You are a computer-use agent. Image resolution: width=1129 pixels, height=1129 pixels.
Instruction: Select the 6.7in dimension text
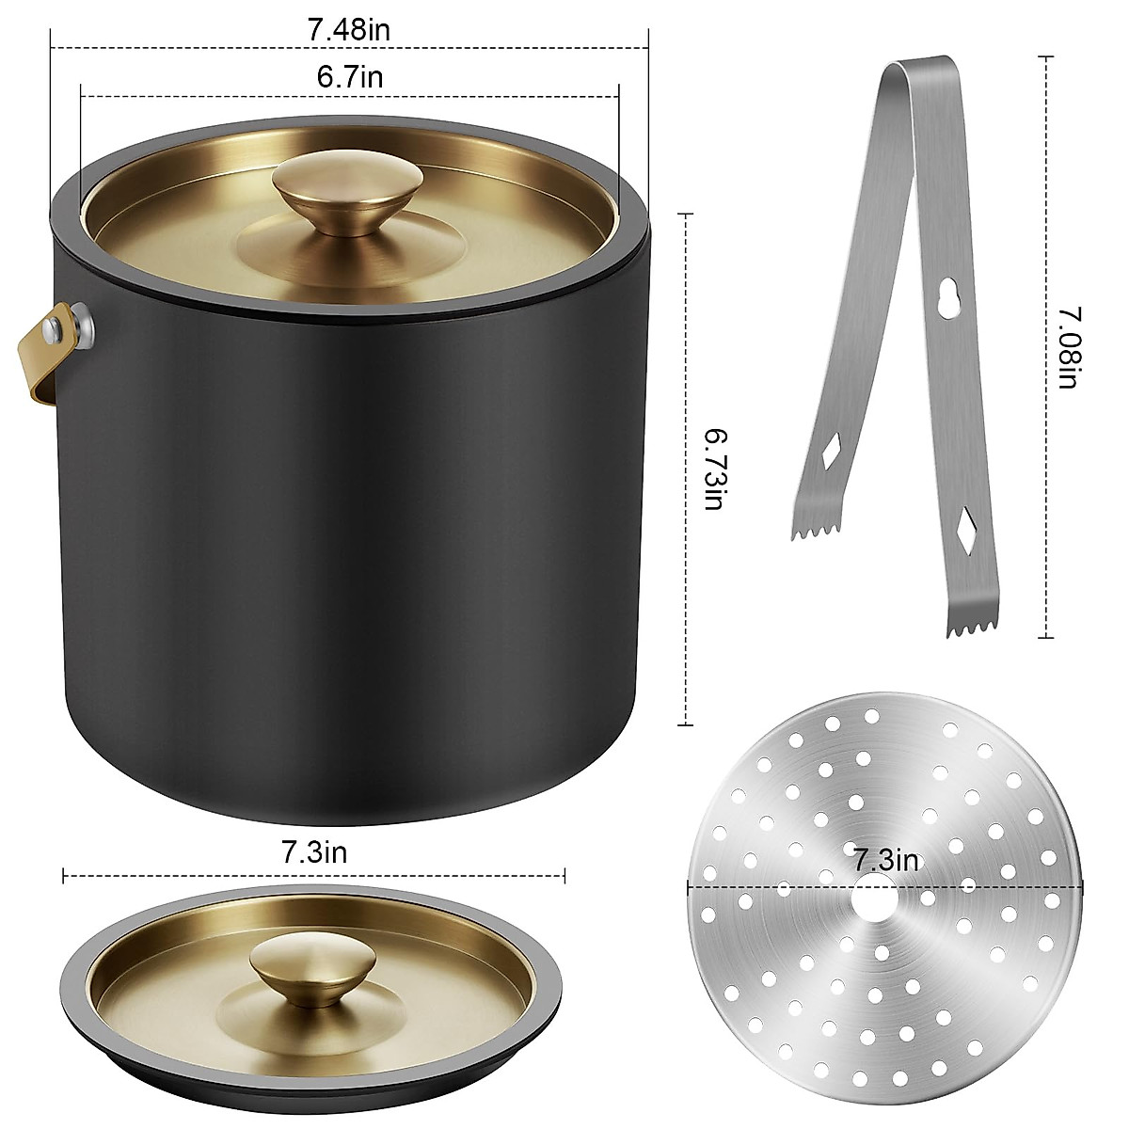(x=349, y=75)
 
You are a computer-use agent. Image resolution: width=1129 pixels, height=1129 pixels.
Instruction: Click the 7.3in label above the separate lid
(x=314, y=853)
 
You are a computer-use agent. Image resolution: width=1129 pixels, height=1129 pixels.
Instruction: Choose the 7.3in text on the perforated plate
(x=886, y=860)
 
